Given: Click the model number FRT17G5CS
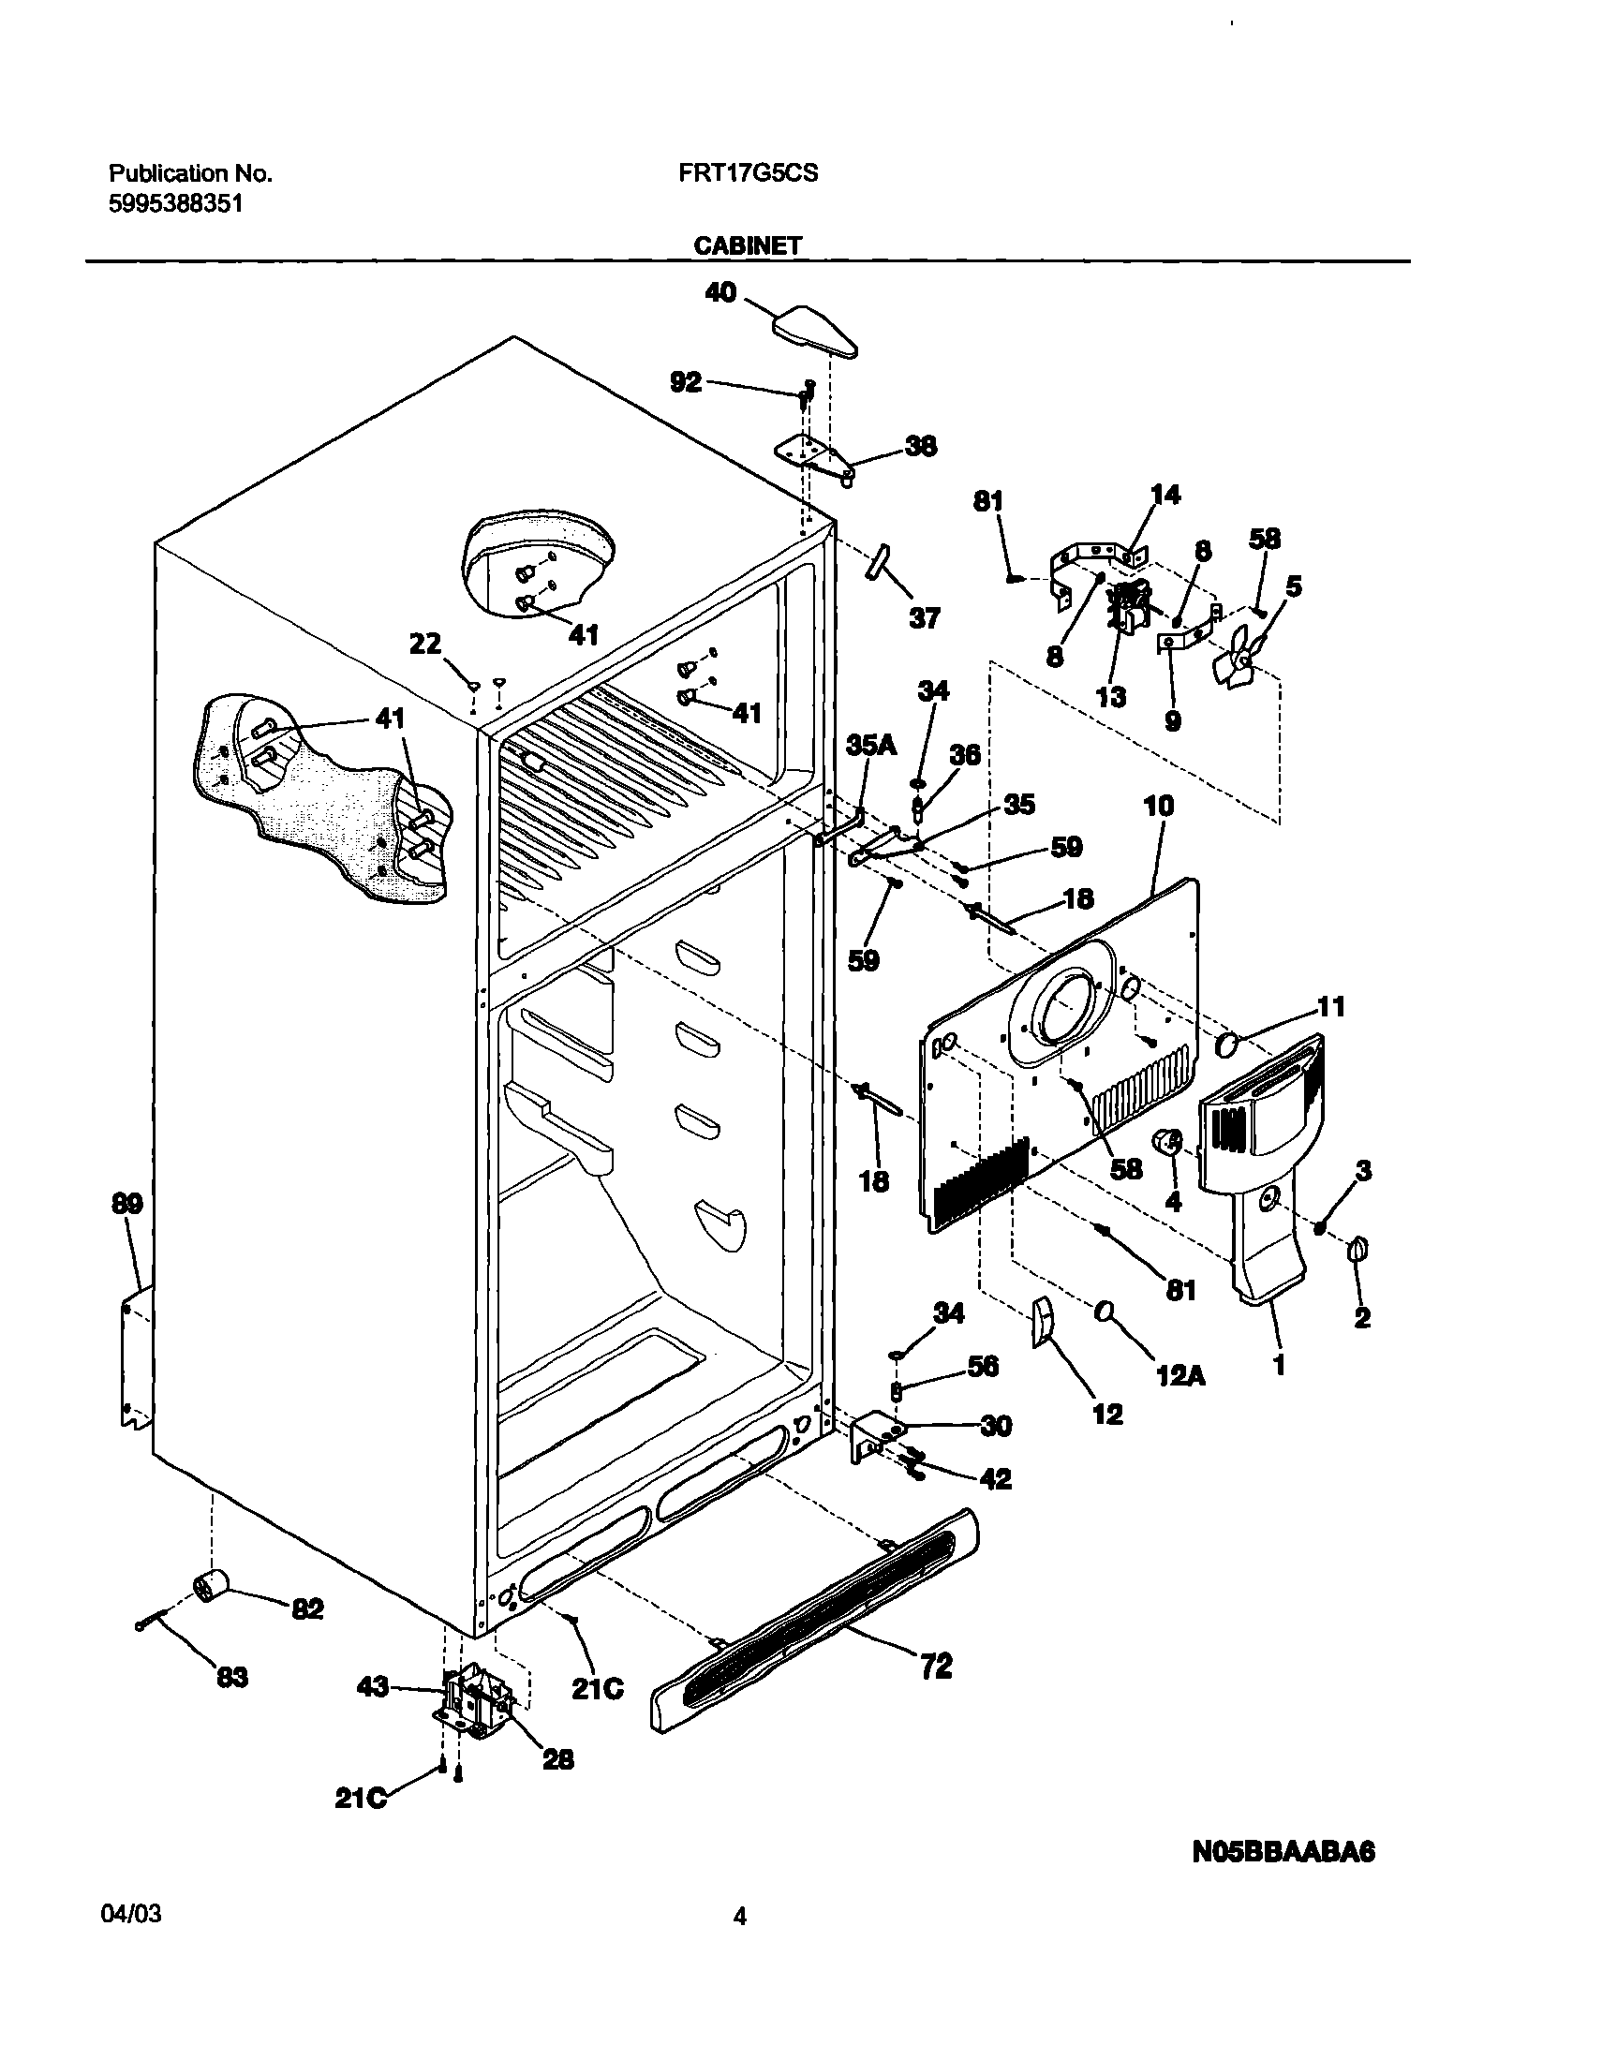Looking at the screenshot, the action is tap(748, 173).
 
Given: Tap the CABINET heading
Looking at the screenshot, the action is tap(747, 245).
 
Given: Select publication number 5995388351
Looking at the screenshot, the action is tap(175, 203).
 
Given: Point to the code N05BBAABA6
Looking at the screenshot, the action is tap(1283, 1851).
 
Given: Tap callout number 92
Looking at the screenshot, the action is tap(686, 381).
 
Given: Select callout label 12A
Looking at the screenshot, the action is tap(1180, 1375).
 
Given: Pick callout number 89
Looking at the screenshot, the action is tap(126, 1204).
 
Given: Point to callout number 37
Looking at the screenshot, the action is tap(924, 618).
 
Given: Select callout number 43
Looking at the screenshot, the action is tap(373, 1686).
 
